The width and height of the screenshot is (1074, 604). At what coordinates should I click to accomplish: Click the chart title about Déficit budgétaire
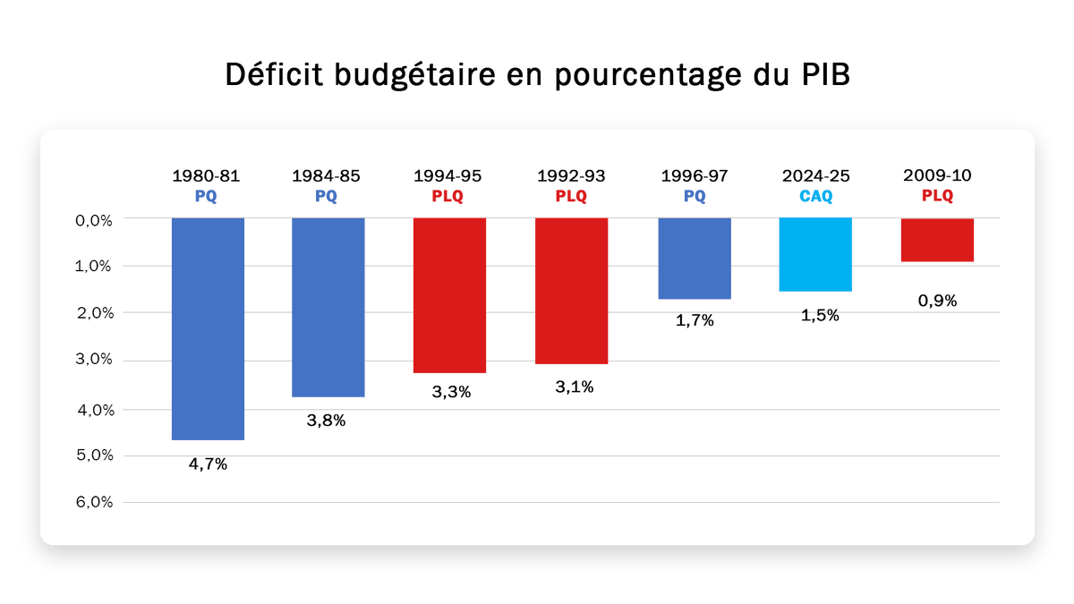[x=537, y=75]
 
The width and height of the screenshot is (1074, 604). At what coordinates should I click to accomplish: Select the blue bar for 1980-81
[x=208, y=328]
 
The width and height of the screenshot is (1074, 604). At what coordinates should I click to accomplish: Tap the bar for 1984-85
[x=328, y=307]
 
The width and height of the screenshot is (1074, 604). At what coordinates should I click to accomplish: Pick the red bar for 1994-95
[x=449, y=295]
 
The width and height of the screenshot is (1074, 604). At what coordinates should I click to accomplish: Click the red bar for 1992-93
[x=571, y=291]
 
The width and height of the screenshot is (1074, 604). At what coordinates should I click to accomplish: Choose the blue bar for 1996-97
[x=695, y=258]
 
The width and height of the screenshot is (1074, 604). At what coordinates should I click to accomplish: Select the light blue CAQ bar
[x=815, y=254]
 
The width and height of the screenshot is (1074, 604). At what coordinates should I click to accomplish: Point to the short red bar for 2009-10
[x=937, y=240]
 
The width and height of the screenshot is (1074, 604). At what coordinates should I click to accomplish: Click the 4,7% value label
[x=208, y=464]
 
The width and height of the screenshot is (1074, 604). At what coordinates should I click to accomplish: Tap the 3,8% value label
[x=326, y=421]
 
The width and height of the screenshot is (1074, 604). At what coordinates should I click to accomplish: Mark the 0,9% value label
[x=937, y=301]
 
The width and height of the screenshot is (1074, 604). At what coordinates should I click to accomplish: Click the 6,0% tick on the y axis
[x=95, y=502]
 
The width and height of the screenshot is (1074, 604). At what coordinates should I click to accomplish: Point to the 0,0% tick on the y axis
[x=95, y=218]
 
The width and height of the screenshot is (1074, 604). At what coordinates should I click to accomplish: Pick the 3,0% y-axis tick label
[x=95, y=361]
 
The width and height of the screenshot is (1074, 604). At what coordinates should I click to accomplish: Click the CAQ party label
[x=815, y=196]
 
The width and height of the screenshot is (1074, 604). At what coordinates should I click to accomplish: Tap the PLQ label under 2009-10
[x=937, y=196]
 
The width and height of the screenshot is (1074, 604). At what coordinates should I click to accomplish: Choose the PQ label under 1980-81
[x=206, y=196]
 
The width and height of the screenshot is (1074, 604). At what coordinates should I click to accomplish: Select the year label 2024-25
[x=815, y=176]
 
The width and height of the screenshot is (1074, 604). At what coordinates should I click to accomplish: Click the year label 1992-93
[x=571, y=176]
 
